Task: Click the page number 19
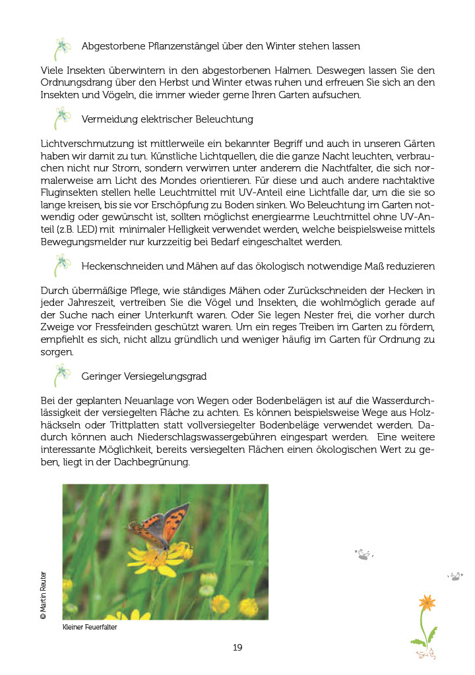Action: [237, 647]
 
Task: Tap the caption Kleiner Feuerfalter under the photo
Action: [90, 628]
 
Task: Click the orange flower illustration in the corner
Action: [426, 602]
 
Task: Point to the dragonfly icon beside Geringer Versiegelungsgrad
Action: [62, 375]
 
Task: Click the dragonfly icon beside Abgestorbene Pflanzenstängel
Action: [62, 48]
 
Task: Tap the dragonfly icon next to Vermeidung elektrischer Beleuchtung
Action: [62, 119]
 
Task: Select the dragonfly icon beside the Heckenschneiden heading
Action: [62, 265]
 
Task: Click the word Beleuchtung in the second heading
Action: [223, 119]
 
